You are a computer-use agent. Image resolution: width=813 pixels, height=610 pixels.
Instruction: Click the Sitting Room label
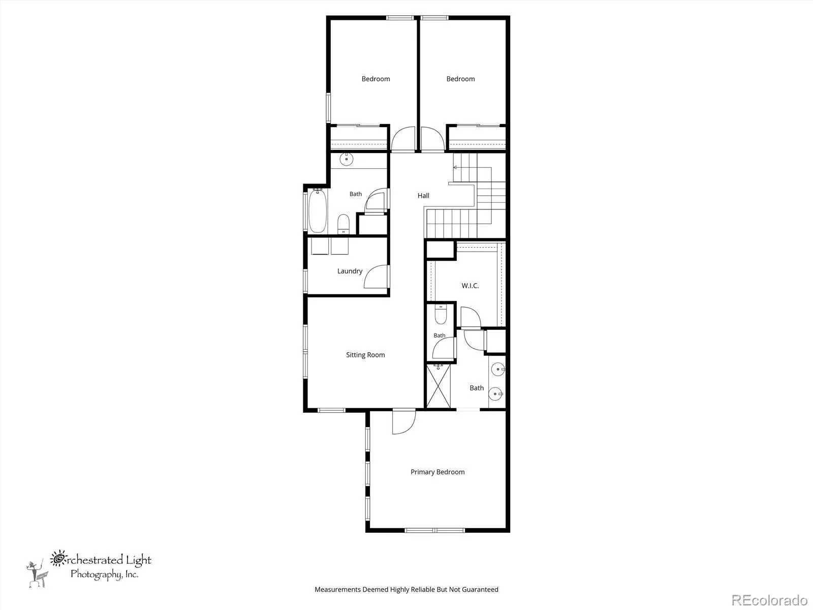coord(365,355)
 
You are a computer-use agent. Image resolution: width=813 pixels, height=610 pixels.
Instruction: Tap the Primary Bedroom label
coord(437,472)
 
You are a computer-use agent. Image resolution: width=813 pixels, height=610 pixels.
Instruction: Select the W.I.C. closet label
coord(470,286)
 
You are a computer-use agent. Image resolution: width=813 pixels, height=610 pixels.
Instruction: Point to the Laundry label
coord(350,271)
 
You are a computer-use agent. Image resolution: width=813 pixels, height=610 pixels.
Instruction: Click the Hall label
coord(423,196)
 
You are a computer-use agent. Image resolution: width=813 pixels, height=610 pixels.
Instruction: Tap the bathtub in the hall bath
coord(318,211)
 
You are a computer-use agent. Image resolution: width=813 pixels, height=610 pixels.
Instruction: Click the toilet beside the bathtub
coord(343,224)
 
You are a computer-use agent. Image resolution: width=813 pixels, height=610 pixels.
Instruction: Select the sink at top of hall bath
coord(347,159)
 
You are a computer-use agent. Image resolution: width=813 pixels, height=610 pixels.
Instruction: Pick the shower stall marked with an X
coord(439,386)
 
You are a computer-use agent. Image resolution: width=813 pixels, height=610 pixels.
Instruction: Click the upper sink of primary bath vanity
coord(498,369)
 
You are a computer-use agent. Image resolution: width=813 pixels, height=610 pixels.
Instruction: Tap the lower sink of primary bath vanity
coord(495,393)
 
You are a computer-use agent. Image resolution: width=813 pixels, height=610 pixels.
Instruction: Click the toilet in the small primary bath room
coord(441,314)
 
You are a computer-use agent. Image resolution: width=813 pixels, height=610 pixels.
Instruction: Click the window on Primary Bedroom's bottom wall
coord(434,530)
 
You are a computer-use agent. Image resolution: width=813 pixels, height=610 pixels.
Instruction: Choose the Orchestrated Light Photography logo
coord(89,568)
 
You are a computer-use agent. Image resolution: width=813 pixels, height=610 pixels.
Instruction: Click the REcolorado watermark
coord(769,600)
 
